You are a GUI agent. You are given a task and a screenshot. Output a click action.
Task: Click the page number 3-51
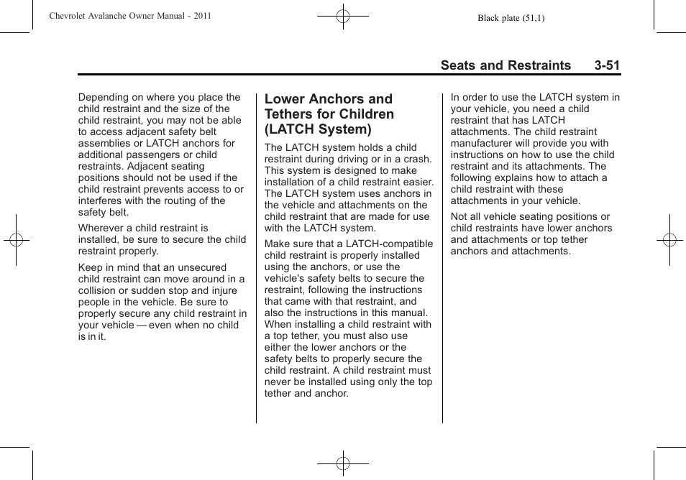[607, 65]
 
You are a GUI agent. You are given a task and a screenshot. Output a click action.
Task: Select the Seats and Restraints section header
[506, 65]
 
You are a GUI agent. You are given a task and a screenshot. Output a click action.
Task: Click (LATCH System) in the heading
[318, 129]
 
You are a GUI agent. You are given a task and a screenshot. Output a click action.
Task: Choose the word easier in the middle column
[419, 183]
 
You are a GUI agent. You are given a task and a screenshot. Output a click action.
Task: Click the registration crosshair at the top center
[343, 15]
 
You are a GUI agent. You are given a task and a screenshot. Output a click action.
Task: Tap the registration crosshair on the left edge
[16, 240]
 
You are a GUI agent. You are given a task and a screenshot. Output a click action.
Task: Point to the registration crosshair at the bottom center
[343, 464]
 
